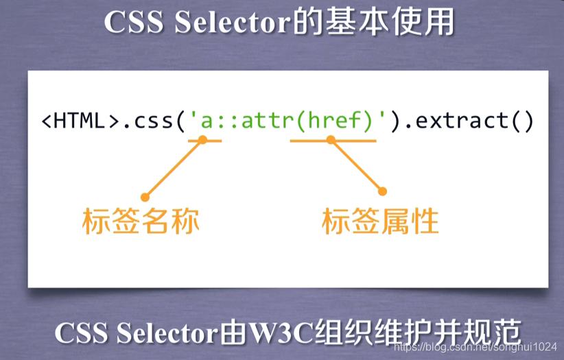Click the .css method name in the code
(x=148, y=121)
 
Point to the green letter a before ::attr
(x=207, y=122)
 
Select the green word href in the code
(x=334, y=120)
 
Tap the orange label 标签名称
(x=141, y=221)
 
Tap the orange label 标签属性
(x=380, y=221)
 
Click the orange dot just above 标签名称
(x=145, y=197)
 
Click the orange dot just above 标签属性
(x=382, y=191)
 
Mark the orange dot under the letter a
(x=202, y=139)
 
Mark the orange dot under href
(x=331, y=139)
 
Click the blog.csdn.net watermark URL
(x=475, y=347)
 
